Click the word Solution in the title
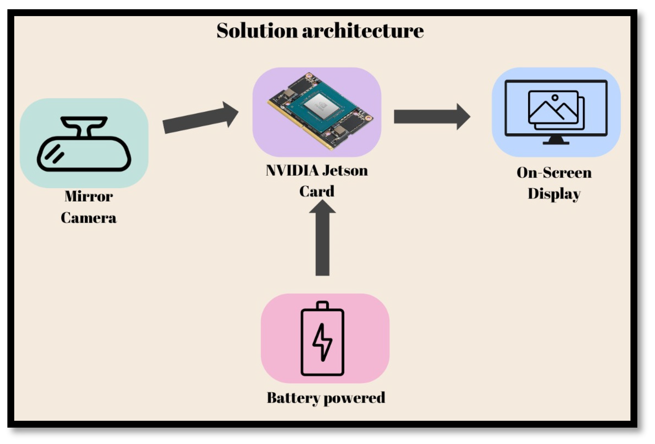(257, 30)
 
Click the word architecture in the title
(363, 30)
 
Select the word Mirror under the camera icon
(89, 196)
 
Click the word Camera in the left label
(89, 218)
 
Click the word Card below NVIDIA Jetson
(317, 192)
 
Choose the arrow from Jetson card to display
(432, 116)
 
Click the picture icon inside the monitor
(556, 110)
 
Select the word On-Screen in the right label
(554, 173)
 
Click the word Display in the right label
(554, 194)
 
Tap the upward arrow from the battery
(322, 238)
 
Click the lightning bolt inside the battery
(322, 342)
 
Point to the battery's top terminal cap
(323, 305)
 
